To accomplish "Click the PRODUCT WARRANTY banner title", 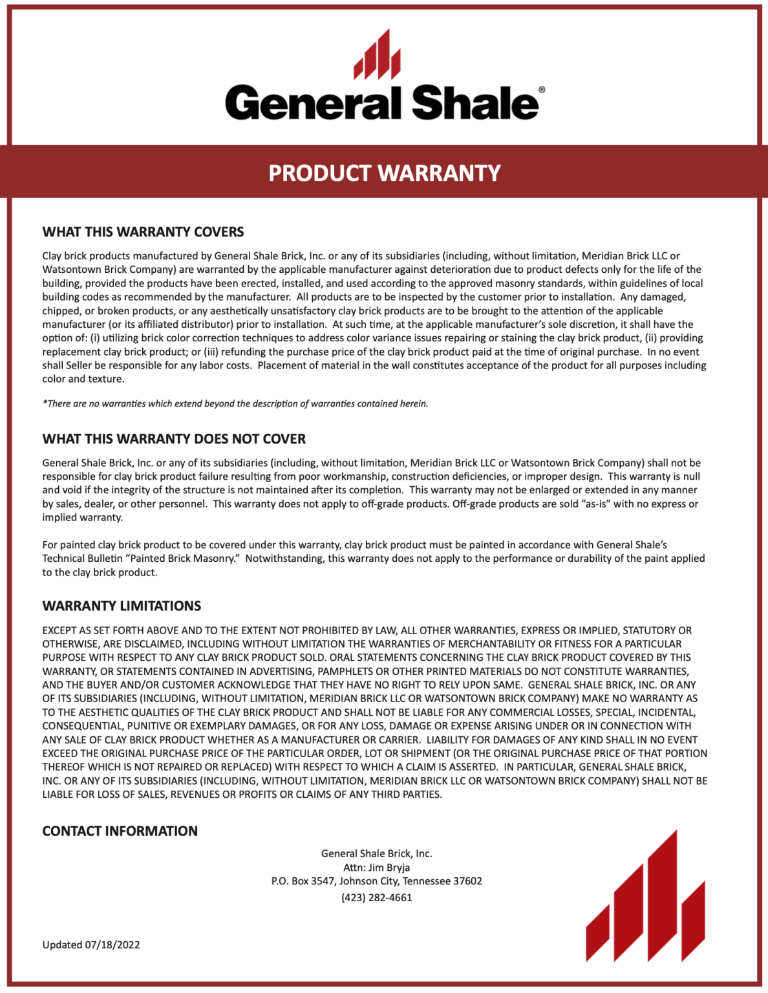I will (384, 173).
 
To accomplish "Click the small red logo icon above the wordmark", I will (377, 54).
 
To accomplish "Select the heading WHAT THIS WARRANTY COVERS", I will (143, 232).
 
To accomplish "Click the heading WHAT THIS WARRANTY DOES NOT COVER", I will (174, 439).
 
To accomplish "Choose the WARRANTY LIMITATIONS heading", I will (122, 606).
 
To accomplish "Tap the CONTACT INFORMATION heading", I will (120, 831).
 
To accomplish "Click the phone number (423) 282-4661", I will (376, 897).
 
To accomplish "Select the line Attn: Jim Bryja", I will (376, 868).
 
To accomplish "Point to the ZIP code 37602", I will (467, 881).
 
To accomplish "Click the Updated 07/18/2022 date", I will (91, 945).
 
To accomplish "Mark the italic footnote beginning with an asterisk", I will (235, 403).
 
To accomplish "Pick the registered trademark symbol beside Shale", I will (542, 91).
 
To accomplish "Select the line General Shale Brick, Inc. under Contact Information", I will (376, 853).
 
